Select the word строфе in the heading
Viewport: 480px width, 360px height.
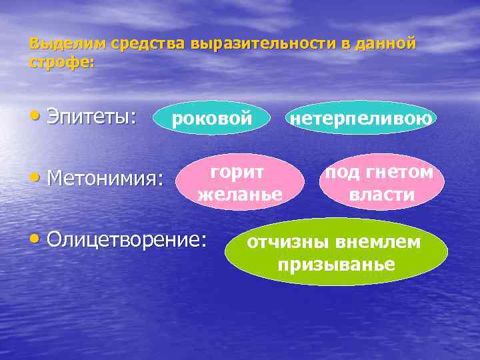61,62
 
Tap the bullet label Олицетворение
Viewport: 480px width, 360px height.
126,239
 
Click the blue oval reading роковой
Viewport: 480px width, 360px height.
212,118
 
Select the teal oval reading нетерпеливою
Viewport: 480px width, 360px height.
361,118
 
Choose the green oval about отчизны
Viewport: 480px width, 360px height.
335,252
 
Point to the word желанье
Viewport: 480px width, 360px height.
240,195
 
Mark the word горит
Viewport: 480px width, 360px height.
237,171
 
